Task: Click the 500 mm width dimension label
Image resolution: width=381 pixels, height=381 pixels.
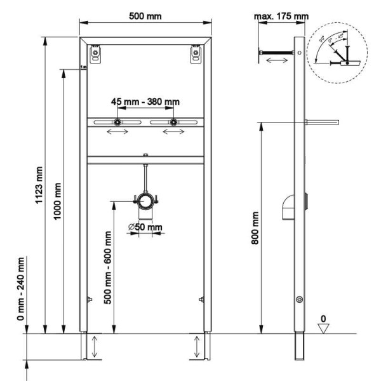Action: (x=145, y=15)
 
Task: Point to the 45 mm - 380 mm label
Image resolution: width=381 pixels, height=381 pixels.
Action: (x=145, y=101)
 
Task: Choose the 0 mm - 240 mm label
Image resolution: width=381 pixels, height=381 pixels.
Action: (x=20, y=290)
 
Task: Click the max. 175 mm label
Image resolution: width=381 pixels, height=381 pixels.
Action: (x=280, y=15)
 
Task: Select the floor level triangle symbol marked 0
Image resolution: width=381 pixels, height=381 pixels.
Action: (x=324, y=326)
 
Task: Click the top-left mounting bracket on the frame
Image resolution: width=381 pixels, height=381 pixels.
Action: (x=95, y=55)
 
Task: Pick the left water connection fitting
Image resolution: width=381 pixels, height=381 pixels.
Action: (x=117, y=123)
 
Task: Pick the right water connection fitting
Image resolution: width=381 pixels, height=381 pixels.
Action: (x=172, y=123)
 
